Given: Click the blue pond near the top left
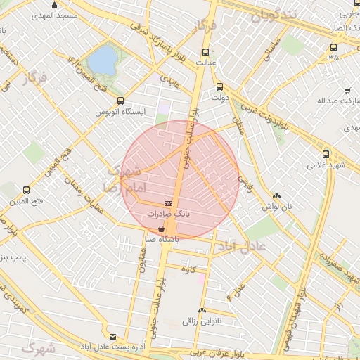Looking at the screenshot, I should point(103,60).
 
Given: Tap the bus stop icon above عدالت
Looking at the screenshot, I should point(205,52).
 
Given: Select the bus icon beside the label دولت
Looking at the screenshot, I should point(219,87).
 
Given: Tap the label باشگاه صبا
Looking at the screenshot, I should point(162,239).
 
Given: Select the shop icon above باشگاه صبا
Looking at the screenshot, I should point(163,229).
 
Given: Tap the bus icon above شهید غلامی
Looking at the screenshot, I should point(325,154).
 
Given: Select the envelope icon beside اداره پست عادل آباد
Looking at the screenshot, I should point(114,337).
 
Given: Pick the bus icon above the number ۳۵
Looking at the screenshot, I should point(333,47).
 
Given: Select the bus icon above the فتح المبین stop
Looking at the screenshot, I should point(26,191).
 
